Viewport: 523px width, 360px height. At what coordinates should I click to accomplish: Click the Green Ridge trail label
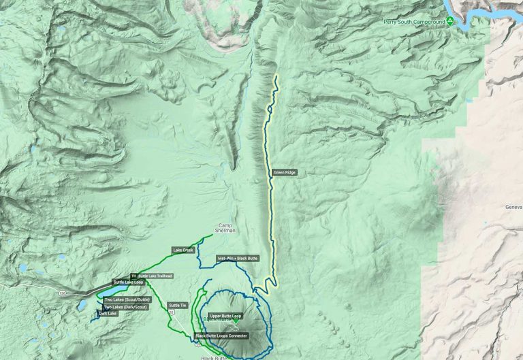coord(285,173)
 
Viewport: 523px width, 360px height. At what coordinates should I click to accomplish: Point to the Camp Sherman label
coord(225,228)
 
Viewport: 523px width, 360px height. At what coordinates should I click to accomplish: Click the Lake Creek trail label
coord(184,250)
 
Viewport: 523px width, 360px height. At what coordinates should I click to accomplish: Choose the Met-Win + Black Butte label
coord(237,259)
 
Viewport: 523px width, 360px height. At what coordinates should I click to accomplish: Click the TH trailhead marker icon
coord(133,276)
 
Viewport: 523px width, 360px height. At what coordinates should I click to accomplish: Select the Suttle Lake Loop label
coord(128,282)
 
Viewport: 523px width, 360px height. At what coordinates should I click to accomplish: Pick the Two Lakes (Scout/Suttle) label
coord(127,299)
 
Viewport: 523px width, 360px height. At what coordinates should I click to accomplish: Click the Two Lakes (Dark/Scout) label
coord(125,307)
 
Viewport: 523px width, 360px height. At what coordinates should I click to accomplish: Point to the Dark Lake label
coord(108,314)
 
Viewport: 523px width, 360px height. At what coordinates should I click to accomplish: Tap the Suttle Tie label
coord(178,306)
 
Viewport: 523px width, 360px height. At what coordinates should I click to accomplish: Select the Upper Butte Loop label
coord(225,316)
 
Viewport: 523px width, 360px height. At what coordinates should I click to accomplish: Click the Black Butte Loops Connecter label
coord(221,336)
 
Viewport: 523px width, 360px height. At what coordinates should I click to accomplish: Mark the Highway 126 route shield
coord(63,293)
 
